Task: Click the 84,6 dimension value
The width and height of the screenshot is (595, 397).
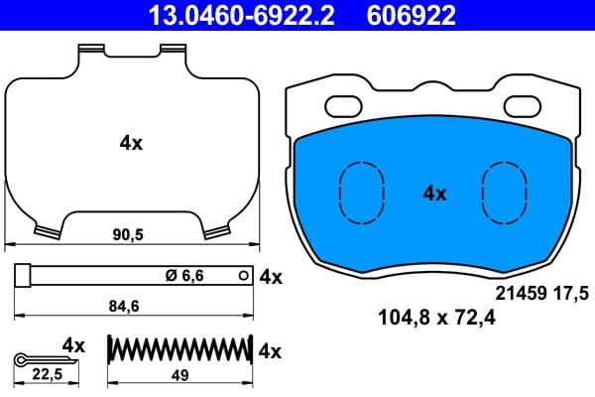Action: click(122, 308)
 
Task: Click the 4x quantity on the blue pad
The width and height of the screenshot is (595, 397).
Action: click(434, 194)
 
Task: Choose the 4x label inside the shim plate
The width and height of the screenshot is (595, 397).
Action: click(131, 143)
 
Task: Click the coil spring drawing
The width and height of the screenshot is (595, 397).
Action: click(178, 350)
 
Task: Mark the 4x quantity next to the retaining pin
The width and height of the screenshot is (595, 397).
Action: click(270, 278)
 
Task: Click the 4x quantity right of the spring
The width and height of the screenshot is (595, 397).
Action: click(270, 350)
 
